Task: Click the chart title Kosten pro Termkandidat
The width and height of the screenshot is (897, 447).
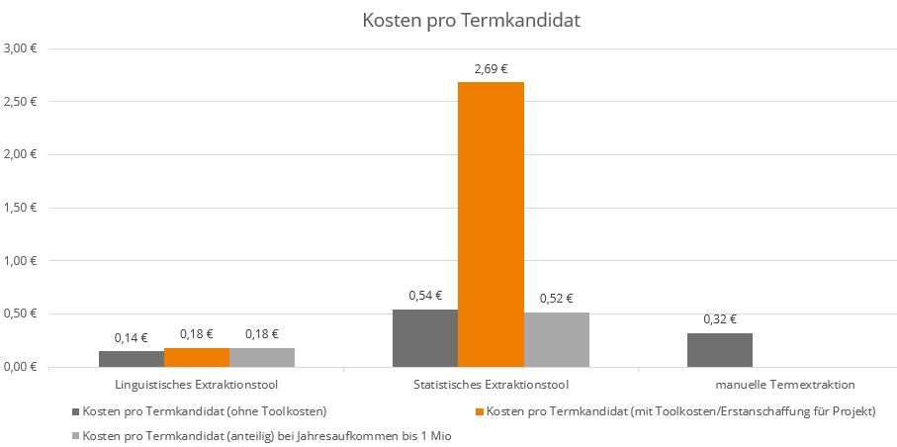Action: click(470, 21)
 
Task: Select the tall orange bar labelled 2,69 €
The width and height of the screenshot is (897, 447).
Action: click(491, 223)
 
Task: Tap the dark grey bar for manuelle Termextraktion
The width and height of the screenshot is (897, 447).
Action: click(720, 350)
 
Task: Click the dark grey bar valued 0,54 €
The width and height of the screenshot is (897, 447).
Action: click(425, 338)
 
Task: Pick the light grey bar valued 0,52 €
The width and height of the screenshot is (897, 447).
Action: click(556, 339)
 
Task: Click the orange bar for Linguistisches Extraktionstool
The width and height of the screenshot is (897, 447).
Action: click(196, 357)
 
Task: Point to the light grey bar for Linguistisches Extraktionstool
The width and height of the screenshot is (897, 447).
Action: click(262, 357)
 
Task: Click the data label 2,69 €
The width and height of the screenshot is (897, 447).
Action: click(491, 69)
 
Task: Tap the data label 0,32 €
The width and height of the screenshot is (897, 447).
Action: click(720, 319)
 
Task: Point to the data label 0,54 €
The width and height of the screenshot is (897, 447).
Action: click(425, 295)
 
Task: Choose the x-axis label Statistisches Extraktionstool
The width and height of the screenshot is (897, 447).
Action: click(491, 384)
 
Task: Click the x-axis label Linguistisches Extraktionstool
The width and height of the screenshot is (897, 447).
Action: click(196, 384)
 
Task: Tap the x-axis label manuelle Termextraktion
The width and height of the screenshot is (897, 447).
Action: click(784, 384)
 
